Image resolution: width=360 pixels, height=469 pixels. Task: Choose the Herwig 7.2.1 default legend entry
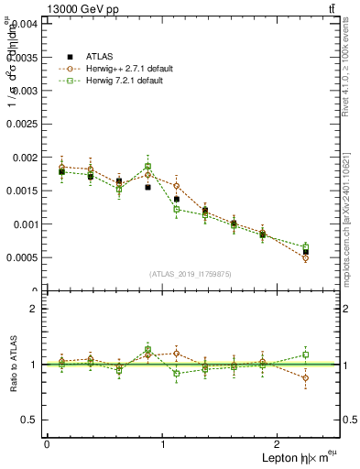click(125, 81)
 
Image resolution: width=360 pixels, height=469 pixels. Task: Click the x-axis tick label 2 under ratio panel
click(279, 443)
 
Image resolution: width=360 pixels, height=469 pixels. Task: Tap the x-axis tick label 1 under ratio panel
click(163, 443)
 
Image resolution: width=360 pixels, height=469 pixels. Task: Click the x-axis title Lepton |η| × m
click(293, 457)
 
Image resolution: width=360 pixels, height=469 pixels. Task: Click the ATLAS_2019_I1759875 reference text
click(191, 273)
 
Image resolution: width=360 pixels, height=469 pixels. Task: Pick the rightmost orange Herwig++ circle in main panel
click(305, 258)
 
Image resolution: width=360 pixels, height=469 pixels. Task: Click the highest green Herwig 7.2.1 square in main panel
click(147, 167)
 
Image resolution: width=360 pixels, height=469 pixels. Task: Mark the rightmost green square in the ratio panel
click(305, 354)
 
